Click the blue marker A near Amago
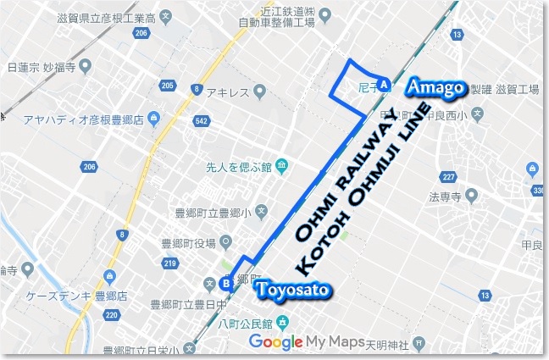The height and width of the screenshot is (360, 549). click(384, 85)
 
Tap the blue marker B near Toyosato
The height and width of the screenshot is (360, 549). click(225, 284)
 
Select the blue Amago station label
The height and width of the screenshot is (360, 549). click(435, 87)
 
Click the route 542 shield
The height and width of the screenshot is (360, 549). click(200, 121)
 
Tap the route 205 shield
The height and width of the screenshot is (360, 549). click(167, 86)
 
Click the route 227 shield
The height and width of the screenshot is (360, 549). click(449, 177)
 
